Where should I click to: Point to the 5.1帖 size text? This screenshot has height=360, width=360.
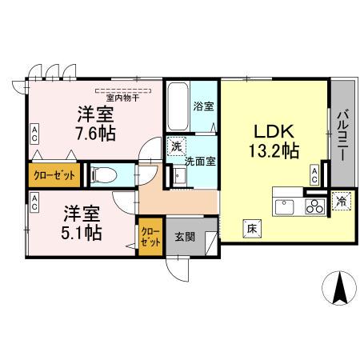click(82, 232)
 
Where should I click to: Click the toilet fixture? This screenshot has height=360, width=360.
click(105, 175)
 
